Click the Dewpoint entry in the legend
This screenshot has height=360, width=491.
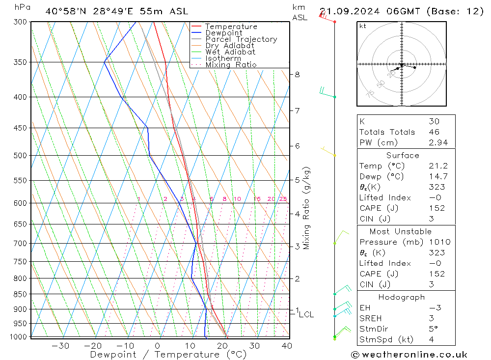(x=223, y=33)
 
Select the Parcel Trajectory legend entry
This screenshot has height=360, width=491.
(x=241, y=39)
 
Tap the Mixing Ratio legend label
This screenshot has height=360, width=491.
(x=231, y=65)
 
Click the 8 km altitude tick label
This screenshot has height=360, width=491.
(x=297, y=75)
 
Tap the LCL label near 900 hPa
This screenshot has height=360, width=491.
(x=306, y=314)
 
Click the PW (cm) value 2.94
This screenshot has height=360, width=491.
(x=438, y=142)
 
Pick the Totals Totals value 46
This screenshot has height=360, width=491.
(x=434, y=132)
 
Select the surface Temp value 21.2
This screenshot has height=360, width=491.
(x=438, y=166)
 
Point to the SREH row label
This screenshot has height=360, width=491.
(x=371, y=318)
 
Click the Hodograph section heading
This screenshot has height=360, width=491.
(x=402, y=298)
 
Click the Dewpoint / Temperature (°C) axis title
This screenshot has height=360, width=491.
(x=168, y=355)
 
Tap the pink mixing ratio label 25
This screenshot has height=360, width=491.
(x=283, y=199)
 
